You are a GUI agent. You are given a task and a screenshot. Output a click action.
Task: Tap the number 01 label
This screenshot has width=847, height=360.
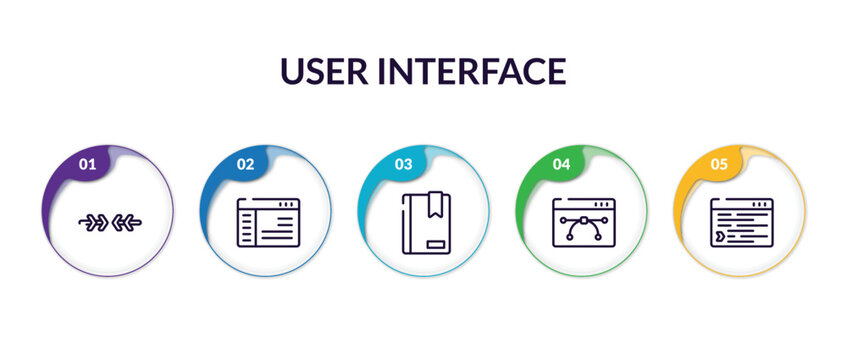87,163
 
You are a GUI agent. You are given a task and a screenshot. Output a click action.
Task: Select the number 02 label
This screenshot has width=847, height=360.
245,163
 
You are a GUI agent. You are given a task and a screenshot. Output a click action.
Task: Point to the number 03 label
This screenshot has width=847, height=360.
403,163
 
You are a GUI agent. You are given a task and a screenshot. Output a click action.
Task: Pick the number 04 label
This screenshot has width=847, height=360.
561,163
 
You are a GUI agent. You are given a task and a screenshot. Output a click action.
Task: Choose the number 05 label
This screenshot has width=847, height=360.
719,163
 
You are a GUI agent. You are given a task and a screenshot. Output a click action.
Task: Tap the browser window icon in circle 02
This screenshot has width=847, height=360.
267,222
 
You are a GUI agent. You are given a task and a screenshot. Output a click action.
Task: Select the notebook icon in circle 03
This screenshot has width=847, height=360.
424,222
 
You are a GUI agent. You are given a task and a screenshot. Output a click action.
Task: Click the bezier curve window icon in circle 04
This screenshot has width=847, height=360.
582,222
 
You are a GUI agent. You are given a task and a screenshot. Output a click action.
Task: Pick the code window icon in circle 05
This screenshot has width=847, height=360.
741,222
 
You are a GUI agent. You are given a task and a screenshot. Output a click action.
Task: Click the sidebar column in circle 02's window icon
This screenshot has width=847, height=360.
247,229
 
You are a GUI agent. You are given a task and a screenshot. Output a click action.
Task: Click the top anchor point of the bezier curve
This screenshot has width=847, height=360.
582,215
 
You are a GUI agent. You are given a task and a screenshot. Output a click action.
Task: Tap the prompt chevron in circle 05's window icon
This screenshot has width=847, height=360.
719,238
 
